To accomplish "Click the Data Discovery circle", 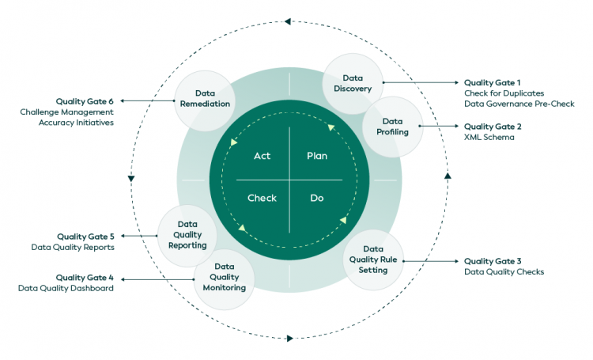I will point(353,83).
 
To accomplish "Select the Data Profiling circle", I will point(393,127).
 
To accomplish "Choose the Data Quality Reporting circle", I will point(187,235).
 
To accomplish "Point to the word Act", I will point(262,156).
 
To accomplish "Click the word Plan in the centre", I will point(316,156).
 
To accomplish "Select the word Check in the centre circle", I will point(262,198).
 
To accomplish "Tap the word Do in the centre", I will point(316,198).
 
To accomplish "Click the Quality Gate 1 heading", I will point(493,82).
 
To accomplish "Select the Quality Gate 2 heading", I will point(493,126).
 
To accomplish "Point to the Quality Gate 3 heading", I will point(493,261).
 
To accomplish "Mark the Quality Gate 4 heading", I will point(85,278).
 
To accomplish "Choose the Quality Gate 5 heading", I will point(85,237).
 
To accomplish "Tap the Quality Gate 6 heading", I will point(85,101).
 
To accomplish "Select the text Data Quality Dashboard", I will point(66,289).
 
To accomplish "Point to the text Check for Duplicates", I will point(504,93).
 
